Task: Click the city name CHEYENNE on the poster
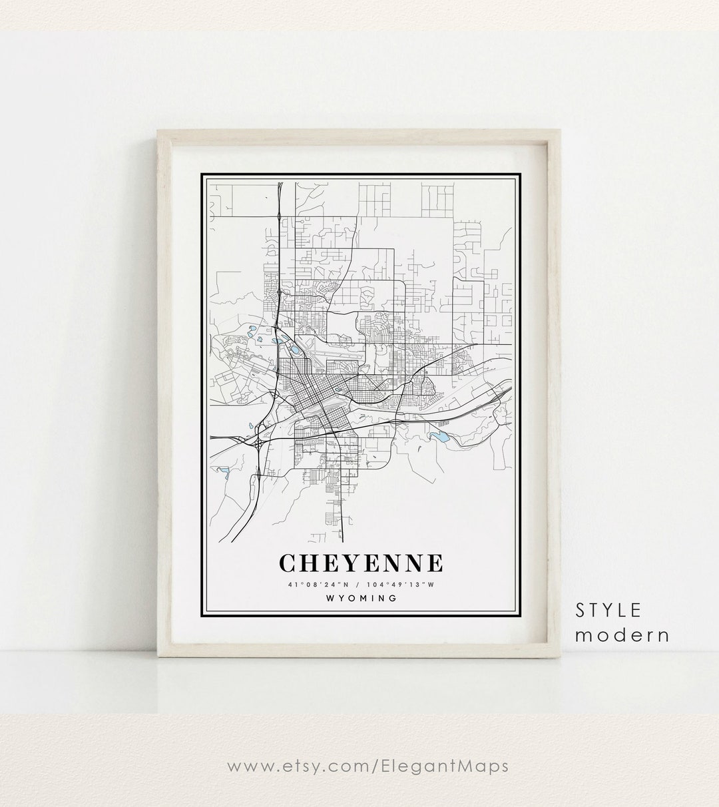coord(360,563)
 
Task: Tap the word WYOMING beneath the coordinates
coord(361,598)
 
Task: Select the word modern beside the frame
coord(622,635)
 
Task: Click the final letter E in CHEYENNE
coord(433,563)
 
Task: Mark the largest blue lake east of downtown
coord(439,437)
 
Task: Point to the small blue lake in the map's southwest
coord(224,471)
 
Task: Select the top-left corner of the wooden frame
coord(158,133)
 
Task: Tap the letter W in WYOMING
coord(330,598)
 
